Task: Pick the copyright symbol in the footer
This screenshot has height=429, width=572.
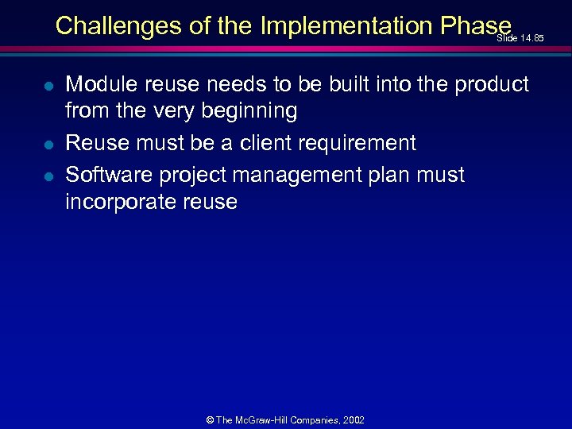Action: [x=209, y=419]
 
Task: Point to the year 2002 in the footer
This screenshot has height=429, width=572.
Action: [x=353, y=419]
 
